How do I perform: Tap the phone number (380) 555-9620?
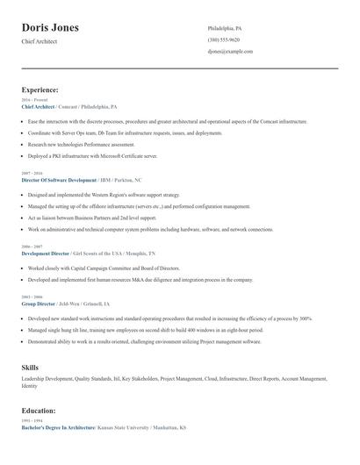click(x=224, y=39)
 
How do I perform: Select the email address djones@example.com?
click(x=230, y=52)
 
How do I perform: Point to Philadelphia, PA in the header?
click(x=225, y=28)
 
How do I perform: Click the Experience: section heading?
click(x=40, y=89)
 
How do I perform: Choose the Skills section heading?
click(x=30, y=366)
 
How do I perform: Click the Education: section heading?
click(x=38, y=410)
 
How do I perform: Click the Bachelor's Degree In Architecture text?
click(x=58, y=426)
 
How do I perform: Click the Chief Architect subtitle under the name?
click(x=40, y=41)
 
